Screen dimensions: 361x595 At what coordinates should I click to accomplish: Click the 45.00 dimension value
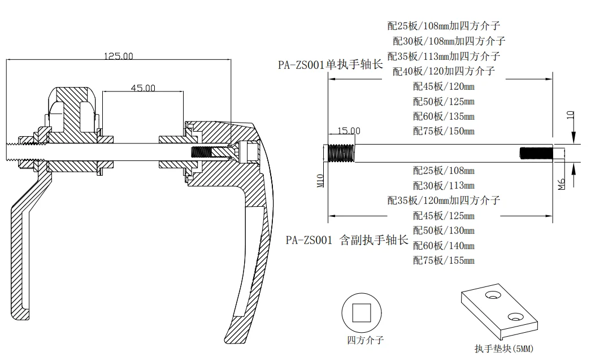tap(143, 88)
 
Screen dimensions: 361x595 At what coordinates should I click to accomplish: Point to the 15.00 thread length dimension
tap(349, 131)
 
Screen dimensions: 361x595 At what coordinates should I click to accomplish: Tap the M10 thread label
tap(319, 180)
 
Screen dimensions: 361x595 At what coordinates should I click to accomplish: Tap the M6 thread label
tap(561, 184)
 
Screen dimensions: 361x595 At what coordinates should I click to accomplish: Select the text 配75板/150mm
tap(444, 131)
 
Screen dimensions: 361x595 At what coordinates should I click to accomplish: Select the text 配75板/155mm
tap(444, 260)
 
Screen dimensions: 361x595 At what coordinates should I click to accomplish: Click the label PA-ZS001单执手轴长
tap(330, 64)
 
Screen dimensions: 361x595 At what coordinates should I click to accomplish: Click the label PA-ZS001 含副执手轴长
tap(346, 240)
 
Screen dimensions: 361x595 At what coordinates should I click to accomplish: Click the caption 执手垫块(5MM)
tap(503, 349)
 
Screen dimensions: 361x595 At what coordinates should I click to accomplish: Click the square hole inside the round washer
tap(361, 312)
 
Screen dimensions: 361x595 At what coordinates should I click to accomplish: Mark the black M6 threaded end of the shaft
tap(536, 154)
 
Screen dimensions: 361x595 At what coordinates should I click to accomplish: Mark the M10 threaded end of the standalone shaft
tap(341, 154)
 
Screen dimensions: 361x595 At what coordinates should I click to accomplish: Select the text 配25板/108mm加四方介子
tap(444, 25)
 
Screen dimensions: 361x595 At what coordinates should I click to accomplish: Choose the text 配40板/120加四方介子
tap(444, 71)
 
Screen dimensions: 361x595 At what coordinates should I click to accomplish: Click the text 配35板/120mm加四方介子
tap(444, 200)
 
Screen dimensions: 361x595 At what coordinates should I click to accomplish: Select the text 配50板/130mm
tap(444, 230)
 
